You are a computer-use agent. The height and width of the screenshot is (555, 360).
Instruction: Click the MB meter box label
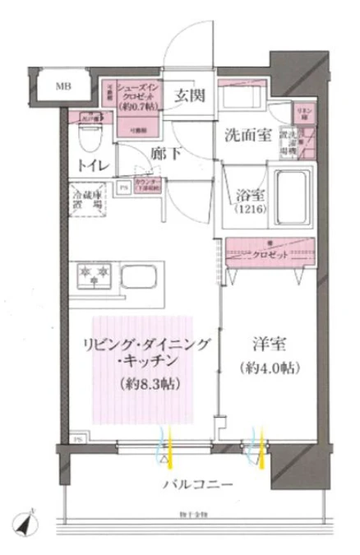(x=62, y=86)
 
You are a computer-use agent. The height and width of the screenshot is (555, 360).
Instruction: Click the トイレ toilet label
(x=90, y=165)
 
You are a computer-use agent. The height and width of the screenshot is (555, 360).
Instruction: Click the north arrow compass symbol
(x=26, y=520)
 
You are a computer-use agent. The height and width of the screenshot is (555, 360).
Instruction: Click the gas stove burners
(x=93, y=271)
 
